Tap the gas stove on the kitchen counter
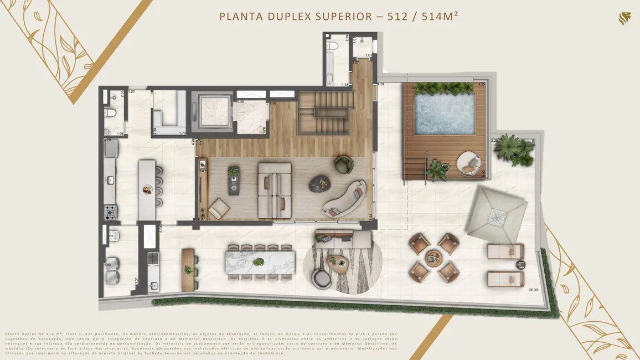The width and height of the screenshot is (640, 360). click(109, 211)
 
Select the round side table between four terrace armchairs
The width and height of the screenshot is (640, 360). click(433, 258)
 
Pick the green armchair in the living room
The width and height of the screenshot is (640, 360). click(343, 164)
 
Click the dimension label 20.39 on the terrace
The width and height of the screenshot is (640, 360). click(533, 290)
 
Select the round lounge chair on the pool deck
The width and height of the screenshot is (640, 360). click(468, 163)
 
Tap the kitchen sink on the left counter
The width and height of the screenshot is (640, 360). click(110, 180)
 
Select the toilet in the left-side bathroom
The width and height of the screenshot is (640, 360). click(111, 114)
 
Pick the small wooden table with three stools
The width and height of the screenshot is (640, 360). click(189, 269)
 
